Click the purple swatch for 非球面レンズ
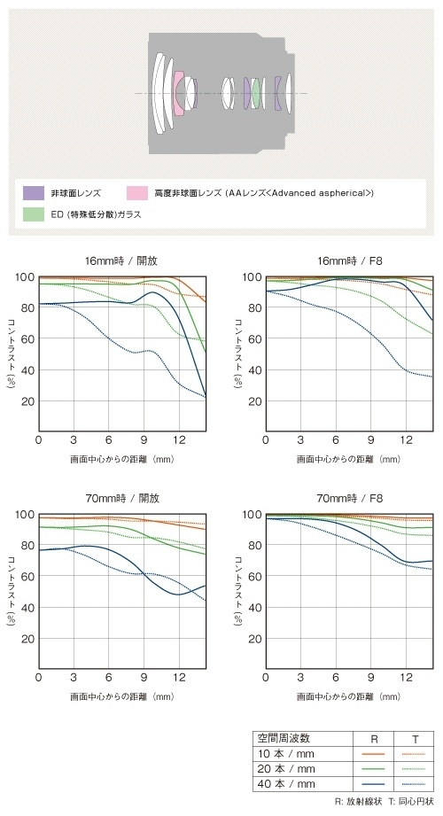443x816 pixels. [34, 193]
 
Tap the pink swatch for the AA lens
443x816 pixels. [137, 193]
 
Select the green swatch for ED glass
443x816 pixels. [34, 214]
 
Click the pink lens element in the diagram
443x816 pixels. [178, 93]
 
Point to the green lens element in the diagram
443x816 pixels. [255, 93]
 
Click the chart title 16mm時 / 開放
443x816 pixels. [122, 260]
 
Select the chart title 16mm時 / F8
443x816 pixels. [350, 260]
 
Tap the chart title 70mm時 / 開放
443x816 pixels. [122, 498]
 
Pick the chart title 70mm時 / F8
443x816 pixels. [350, 498]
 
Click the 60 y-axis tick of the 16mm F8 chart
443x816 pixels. [255, 338]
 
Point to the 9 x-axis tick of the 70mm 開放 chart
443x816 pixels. [144, 677]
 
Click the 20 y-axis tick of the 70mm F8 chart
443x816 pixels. [255, 639]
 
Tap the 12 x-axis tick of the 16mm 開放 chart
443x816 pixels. [179, 439]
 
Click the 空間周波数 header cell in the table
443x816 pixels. [284, 738]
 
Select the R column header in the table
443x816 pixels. [373, 738]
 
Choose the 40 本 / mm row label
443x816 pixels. [286, 784]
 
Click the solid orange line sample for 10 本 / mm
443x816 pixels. [373, 754]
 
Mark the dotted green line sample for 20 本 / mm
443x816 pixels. [414, 769]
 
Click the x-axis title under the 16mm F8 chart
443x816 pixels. [349, 460]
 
